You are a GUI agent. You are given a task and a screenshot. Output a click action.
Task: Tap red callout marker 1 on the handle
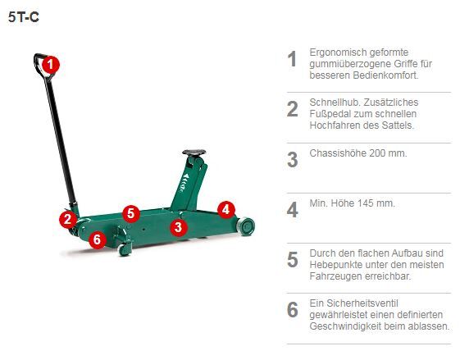(x=50, y=64)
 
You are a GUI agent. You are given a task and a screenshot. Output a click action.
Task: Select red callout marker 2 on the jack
(x=68, y=219)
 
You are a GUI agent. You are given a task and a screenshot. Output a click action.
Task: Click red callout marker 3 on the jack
(x=180, y=226)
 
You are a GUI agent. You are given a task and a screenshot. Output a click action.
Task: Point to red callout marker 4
(x=226, y=209)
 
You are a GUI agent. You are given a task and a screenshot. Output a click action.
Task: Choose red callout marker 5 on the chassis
(x=130, y=213)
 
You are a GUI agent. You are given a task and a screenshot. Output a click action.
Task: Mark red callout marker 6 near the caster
(x=98, y=239)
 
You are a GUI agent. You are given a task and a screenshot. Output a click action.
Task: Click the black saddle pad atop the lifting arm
(x=194, y=153)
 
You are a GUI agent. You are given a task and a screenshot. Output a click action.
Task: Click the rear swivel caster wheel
(x=125, y=248)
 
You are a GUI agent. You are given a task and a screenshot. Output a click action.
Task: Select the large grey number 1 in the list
(x=292, y=59)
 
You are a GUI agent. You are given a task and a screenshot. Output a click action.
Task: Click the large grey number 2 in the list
(x=292, y=109)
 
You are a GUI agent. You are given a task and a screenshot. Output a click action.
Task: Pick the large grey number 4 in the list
(x=292, y=209)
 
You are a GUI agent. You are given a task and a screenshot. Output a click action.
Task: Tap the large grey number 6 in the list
(x=292, y=310)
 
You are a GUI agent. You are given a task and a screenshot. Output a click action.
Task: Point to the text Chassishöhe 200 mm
(x=358, y=153)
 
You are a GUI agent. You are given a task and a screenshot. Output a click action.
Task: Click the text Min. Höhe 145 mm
(x=352, y=203)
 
